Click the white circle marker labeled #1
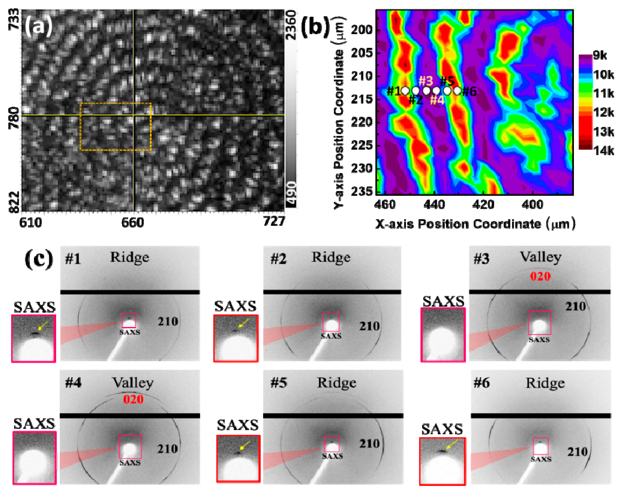pos(405,91)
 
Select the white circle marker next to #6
pos(457,91)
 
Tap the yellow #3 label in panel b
pos(426,81)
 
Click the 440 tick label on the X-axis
pos(434,205)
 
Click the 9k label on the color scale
pos(600,55)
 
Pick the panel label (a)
pos(38,25)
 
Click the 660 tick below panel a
pos(132,223)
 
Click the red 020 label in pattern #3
pos(540,276)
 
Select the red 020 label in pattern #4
pos(133,399)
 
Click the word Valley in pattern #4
pos(133,383)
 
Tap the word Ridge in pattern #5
pos(336,383)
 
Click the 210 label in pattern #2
pos(369,326)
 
